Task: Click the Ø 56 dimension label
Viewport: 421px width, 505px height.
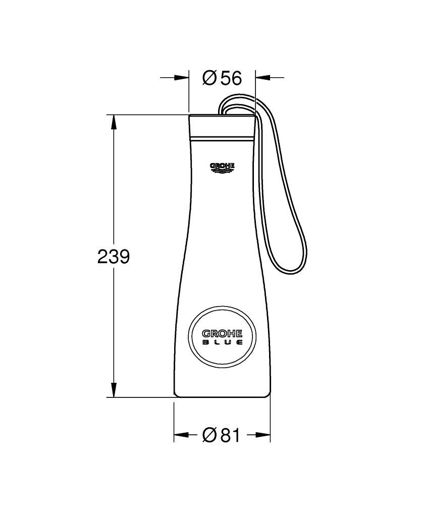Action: pos(222,78)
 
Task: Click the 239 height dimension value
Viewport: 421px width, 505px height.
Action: pos(113,257)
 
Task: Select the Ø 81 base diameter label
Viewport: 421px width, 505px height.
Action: pos(222,435)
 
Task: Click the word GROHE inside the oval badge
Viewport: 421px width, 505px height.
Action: pos(222,333)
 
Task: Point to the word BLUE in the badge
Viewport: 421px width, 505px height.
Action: pos(222,342)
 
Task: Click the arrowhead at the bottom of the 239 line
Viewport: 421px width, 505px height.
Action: pos(113,390)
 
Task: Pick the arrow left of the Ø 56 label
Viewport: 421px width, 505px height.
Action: pos(175,77)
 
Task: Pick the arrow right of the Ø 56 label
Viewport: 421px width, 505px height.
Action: pos(270,77)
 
